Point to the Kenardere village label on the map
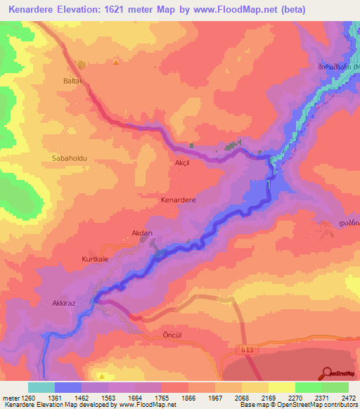coord(179,200)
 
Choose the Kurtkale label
coord(96,259)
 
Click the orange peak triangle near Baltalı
coord(115,62)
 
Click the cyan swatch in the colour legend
coord(41,387)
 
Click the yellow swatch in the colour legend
coord(281,387)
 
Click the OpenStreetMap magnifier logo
coord(328,372)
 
